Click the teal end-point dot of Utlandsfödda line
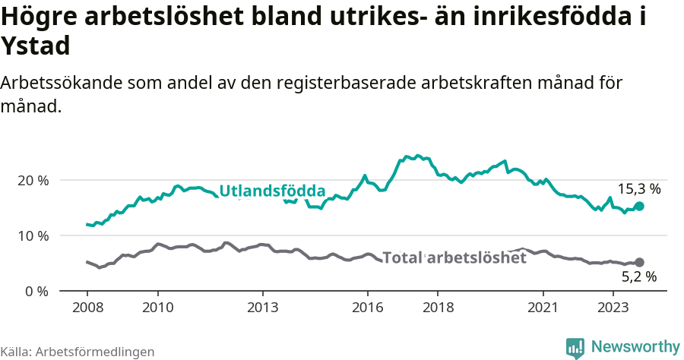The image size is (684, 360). pos(639,206)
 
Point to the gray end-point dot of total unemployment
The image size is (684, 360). pos(639,262)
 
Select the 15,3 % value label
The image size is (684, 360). pos(639,189)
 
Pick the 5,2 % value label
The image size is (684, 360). pos(639,278)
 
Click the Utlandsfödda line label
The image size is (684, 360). pos(272,191)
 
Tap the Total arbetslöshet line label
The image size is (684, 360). pos(454,257)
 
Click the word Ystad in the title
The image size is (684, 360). pos(36,46)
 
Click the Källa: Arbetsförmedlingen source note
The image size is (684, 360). pos(78,352)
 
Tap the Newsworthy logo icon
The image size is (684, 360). pos(575,347)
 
